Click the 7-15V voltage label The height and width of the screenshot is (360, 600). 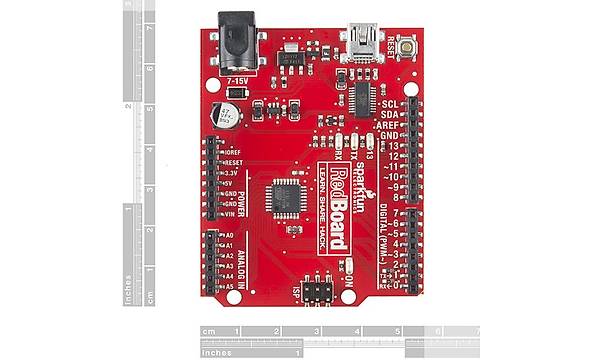click(238, 77)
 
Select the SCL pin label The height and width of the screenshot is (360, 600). click(391, 103)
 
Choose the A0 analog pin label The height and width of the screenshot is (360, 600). click(229, 236)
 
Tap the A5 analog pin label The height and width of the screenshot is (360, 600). click(229, 287)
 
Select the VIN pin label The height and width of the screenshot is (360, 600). click(231, 213)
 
